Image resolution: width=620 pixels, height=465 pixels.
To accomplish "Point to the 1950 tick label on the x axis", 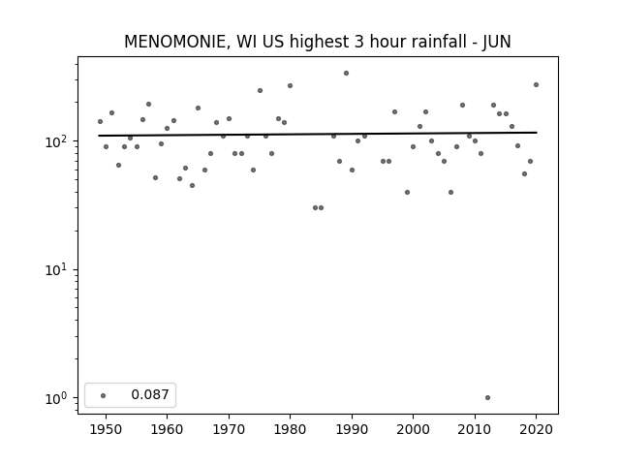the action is (x=106, y=429).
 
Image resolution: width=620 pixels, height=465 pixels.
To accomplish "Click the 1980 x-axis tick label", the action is (x=290, y=429).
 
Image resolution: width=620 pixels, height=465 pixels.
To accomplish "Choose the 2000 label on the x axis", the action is (x=414, y=429).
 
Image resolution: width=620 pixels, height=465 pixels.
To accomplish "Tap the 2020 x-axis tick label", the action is (x=536, y=429).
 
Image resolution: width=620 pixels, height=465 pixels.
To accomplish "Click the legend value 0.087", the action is (x=150, y=394).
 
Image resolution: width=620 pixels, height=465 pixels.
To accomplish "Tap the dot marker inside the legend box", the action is (x=103, y=395).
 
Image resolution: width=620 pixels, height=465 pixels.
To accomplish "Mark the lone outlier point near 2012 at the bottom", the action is (x=487, y=398).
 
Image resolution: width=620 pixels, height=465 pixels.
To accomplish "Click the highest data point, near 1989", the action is (x=346, y=74).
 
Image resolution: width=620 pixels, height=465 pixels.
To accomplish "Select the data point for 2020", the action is (x=536, y=84).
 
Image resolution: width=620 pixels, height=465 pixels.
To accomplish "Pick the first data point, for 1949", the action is (x=100, y=121).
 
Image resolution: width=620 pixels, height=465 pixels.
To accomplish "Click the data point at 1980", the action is (x=290, y=86).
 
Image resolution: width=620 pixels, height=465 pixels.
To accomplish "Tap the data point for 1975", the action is (x=260, y=90).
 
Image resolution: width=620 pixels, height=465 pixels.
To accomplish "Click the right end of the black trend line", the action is (x=537, y=133).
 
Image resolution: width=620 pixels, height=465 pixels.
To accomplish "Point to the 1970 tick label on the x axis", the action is (x=229, y=429).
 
